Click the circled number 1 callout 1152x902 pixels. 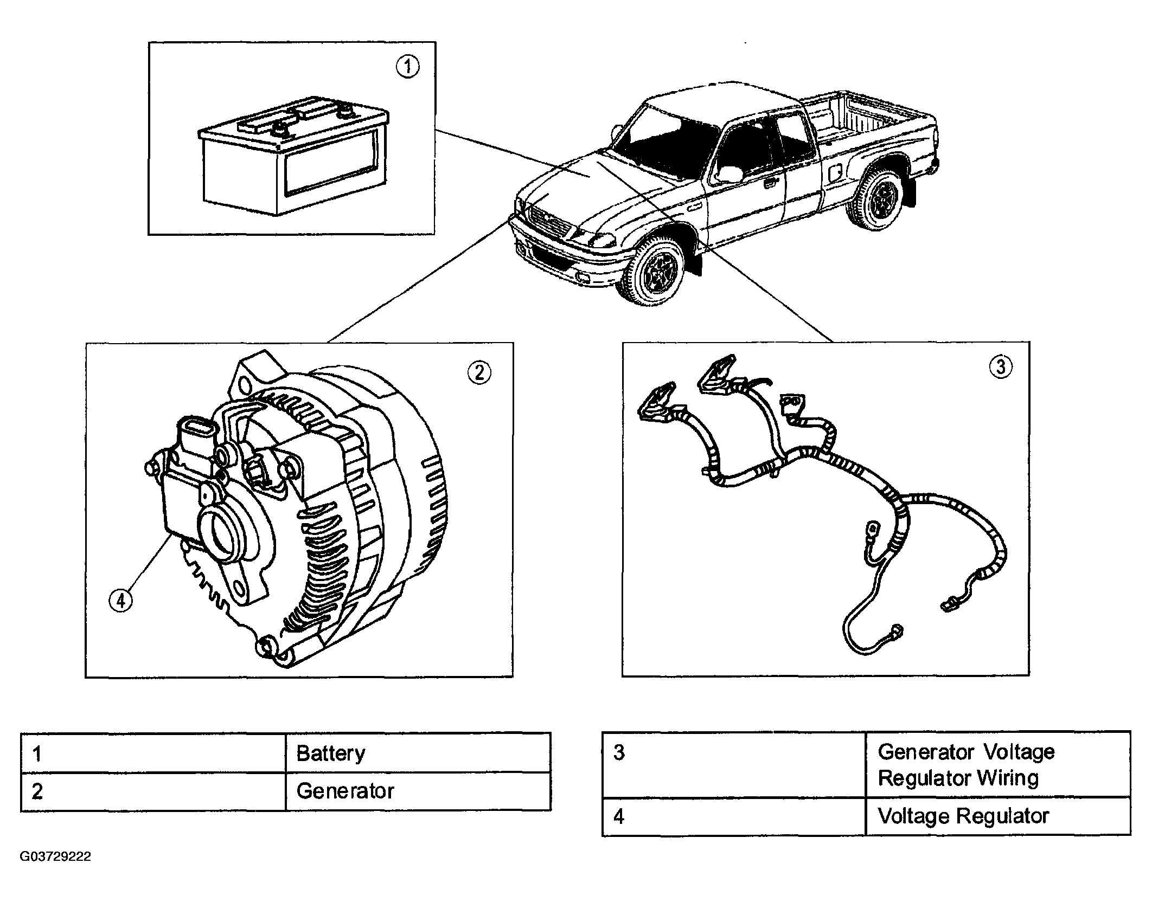407,67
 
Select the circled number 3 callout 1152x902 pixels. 1001,367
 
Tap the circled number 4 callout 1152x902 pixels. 120,601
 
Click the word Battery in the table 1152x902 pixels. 331,753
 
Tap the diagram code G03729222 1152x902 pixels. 55,857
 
